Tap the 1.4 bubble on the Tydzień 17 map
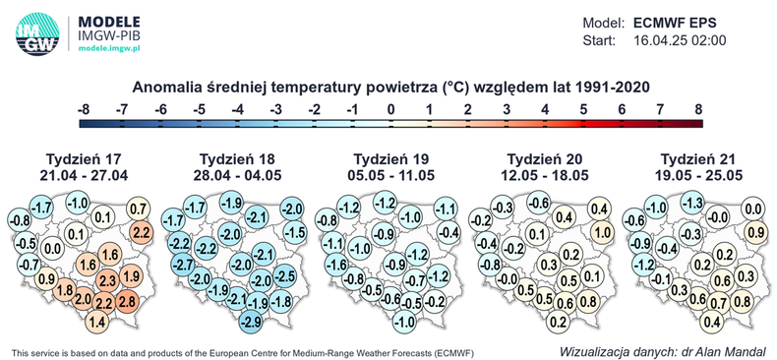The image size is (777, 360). click(x=97, y=322)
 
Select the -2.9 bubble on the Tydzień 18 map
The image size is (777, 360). click(x=252, y=322)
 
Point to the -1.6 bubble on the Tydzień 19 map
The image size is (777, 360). click(x=334, y=265)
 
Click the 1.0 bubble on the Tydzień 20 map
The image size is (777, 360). click(x=600, y=232)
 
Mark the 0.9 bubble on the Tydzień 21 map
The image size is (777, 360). click(x=753, y=232)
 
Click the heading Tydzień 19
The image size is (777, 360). click(x=392, y=159)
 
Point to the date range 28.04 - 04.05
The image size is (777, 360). click(x=237, y=175)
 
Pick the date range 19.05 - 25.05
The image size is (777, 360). click(x=700, y=175)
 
